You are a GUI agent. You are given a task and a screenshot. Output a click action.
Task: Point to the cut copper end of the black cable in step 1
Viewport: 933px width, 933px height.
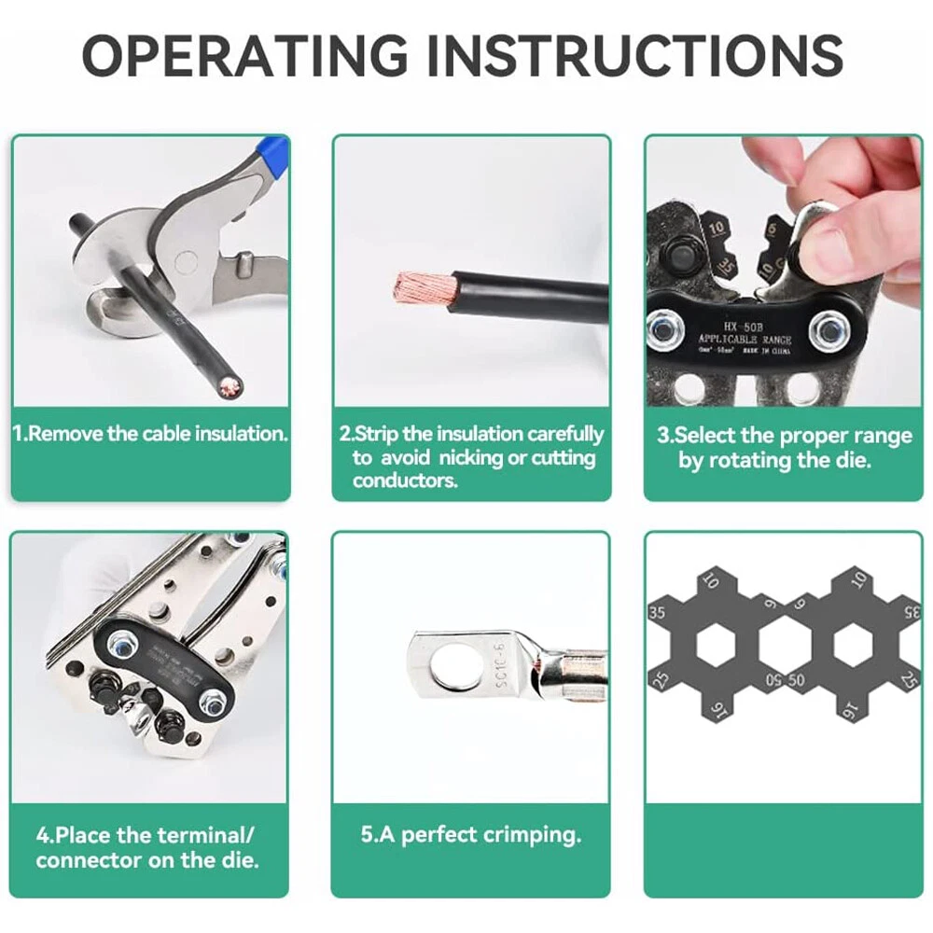(x=230, y=384)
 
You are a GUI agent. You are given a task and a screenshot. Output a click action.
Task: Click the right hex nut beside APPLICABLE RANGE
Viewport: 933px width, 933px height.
(x=829, y=329)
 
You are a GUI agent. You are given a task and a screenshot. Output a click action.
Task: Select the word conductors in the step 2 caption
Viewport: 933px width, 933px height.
(x=405, y=480)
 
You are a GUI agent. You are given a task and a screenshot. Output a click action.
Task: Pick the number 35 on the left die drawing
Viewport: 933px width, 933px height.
(x=656, y=613)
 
